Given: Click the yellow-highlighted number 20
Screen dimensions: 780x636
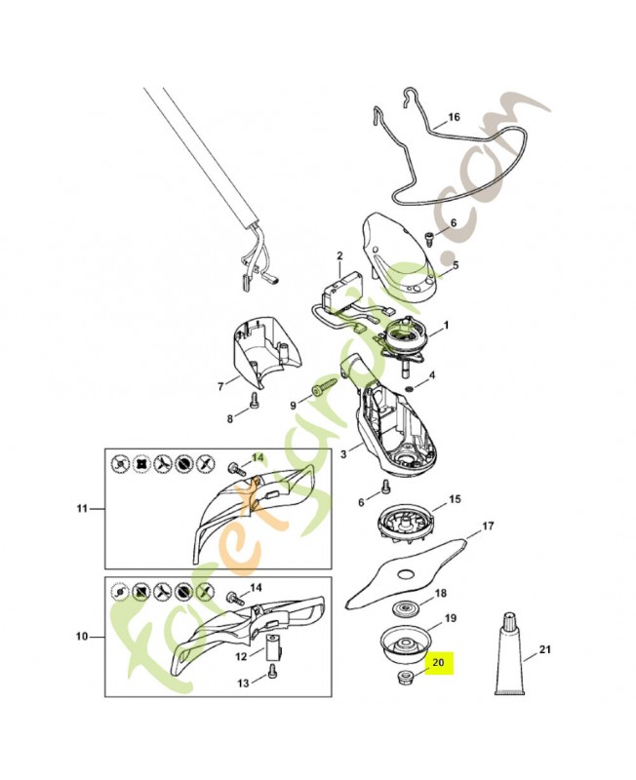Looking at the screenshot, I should [x=439, y=662].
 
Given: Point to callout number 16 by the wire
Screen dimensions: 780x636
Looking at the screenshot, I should [x=453, y=118].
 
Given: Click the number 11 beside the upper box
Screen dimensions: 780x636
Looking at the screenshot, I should [x=83, y=508].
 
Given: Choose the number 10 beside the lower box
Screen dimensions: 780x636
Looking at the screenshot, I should [x=82, y=637].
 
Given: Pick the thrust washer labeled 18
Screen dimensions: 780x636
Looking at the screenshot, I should [x=402, y=608].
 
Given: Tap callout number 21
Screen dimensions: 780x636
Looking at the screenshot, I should [x=545, y=650].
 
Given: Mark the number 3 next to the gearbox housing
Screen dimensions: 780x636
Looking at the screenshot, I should [x=342, y=453].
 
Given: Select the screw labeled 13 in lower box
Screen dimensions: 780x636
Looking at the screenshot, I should [x=272, y=672].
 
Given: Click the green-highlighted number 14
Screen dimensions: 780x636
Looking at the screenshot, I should [x=258, y=456].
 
